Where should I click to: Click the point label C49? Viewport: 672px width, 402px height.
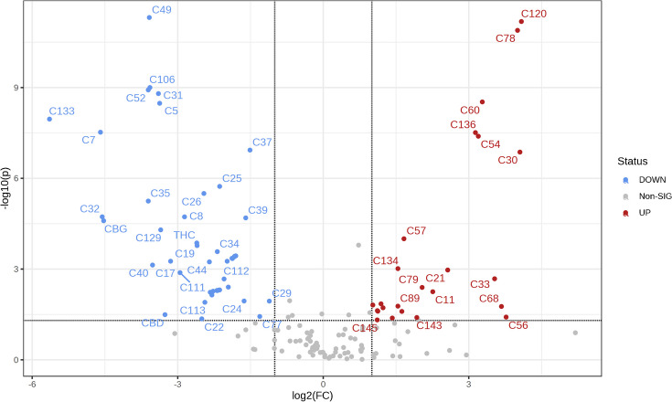tap(161, 10)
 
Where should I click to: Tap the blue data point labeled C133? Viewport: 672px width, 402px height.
tap(49, 119)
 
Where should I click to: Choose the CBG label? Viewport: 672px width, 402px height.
tap(115, 228)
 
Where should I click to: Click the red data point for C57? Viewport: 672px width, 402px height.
tap(403, 238)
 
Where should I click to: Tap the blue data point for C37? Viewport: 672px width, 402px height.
tap(250, 150)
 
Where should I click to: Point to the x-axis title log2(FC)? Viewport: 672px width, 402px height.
tap(322, 392)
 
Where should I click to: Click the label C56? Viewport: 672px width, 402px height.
tap(517, 325)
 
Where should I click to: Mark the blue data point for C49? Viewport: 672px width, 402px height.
tap(149, 17)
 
